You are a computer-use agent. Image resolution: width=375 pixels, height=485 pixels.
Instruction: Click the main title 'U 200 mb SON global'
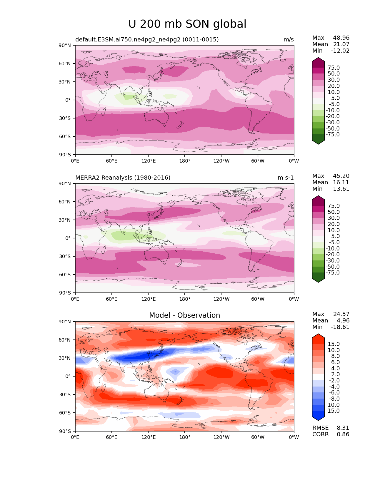(x=187, y=24)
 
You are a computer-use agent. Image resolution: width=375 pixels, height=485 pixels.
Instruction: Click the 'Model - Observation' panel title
(x=184, y=315)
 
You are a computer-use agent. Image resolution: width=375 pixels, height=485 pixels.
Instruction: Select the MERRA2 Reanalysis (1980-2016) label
(x=123, y=178)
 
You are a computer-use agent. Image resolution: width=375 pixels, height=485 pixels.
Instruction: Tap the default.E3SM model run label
(x=147, y=39)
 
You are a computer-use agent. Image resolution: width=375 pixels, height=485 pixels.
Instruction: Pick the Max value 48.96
(x=341, y=38)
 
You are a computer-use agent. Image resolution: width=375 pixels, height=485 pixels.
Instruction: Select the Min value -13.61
(x=340, y=189)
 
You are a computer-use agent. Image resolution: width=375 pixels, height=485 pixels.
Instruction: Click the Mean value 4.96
(x=343, y=320)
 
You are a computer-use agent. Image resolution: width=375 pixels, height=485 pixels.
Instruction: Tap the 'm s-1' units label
(x=286, y=178)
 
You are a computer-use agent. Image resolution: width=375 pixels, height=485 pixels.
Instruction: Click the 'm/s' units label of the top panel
(x=289, y=39)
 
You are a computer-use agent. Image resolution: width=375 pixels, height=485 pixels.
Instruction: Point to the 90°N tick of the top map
(x=65, y=46)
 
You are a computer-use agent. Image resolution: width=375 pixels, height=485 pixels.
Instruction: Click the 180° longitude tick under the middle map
(x=185, y=299)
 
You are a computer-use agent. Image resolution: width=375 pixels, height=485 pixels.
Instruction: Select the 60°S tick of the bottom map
(x=65, y=413)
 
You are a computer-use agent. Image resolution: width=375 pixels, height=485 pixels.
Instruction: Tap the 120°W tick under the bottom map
(x=221, y=437)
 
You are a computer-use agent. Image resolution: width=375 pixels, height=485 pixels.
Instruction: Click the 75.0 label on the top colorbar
(x=334, y=68)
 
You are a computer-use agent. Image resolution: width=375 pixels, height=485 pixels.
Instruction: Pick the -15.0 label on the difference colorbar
(x=333, y=411)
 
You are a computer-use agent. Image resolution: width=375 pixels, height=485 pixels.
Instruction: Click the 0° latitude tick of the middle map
(x=68, y=238)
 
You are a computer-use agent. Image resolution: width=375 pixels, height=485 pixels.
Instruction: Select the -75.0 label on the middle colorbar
(x=333, y=272)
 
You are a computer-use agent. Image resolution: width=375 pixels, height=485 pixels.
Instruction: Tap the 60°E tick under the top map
(x=112, y=161)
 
